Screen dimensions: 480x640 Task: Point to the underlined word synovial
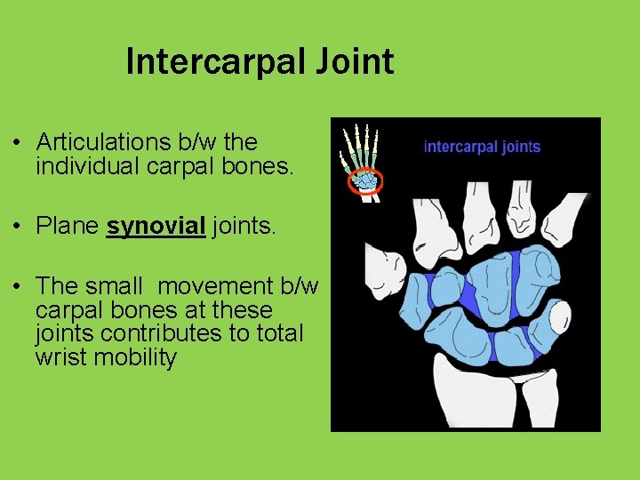pos(156,226)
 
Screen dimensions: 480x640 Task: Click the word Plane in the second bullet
pos(67,226)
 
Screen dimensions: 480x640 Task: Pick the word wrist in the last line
pos(63,357)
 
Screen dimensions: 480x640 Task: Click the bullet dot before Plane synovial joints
pos(18,227)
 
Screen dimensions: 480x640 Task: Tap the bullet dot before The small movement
pos(18,287)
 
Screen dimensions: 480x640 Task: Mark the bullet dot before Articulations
pos(18,142)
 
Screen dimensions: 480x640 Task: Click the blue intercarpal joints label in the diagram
pos(482,147)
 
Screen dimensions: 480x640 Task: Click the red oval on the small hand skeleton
pos(364,180)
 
